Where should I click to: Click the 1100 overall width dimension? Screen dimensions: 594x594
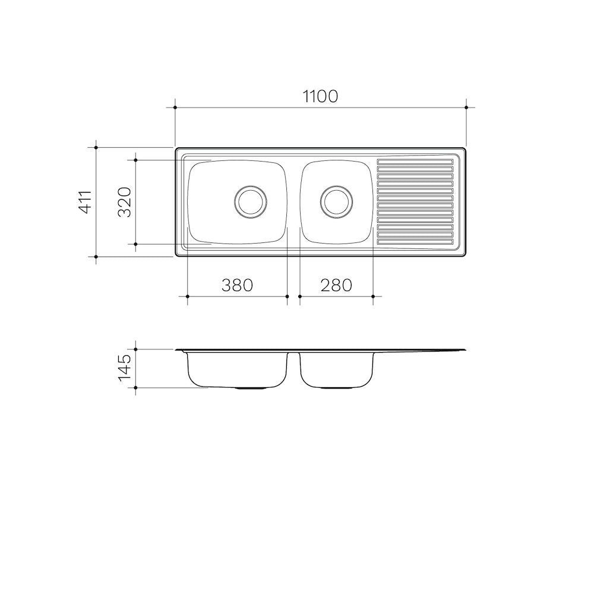320,96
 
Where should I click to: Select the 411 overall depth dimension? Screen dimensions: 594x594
86,201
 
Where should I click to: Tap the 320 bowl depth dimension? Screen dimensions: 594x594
124,202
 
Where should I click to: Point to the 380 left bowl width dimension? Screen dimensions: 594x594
237,285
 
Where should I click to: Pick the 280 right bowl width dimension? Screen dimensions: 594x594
336,285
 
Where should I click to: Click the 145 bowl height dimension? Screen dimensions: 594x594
124,369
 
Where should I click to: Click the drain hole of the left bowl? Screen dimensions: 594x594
251,202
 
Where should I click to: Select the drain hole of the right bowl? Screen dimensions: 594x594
336,202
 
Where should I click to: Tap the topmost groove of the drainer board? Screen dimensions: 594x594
415,162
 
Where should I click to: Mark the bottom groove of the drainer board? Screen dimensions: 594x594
415,242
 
